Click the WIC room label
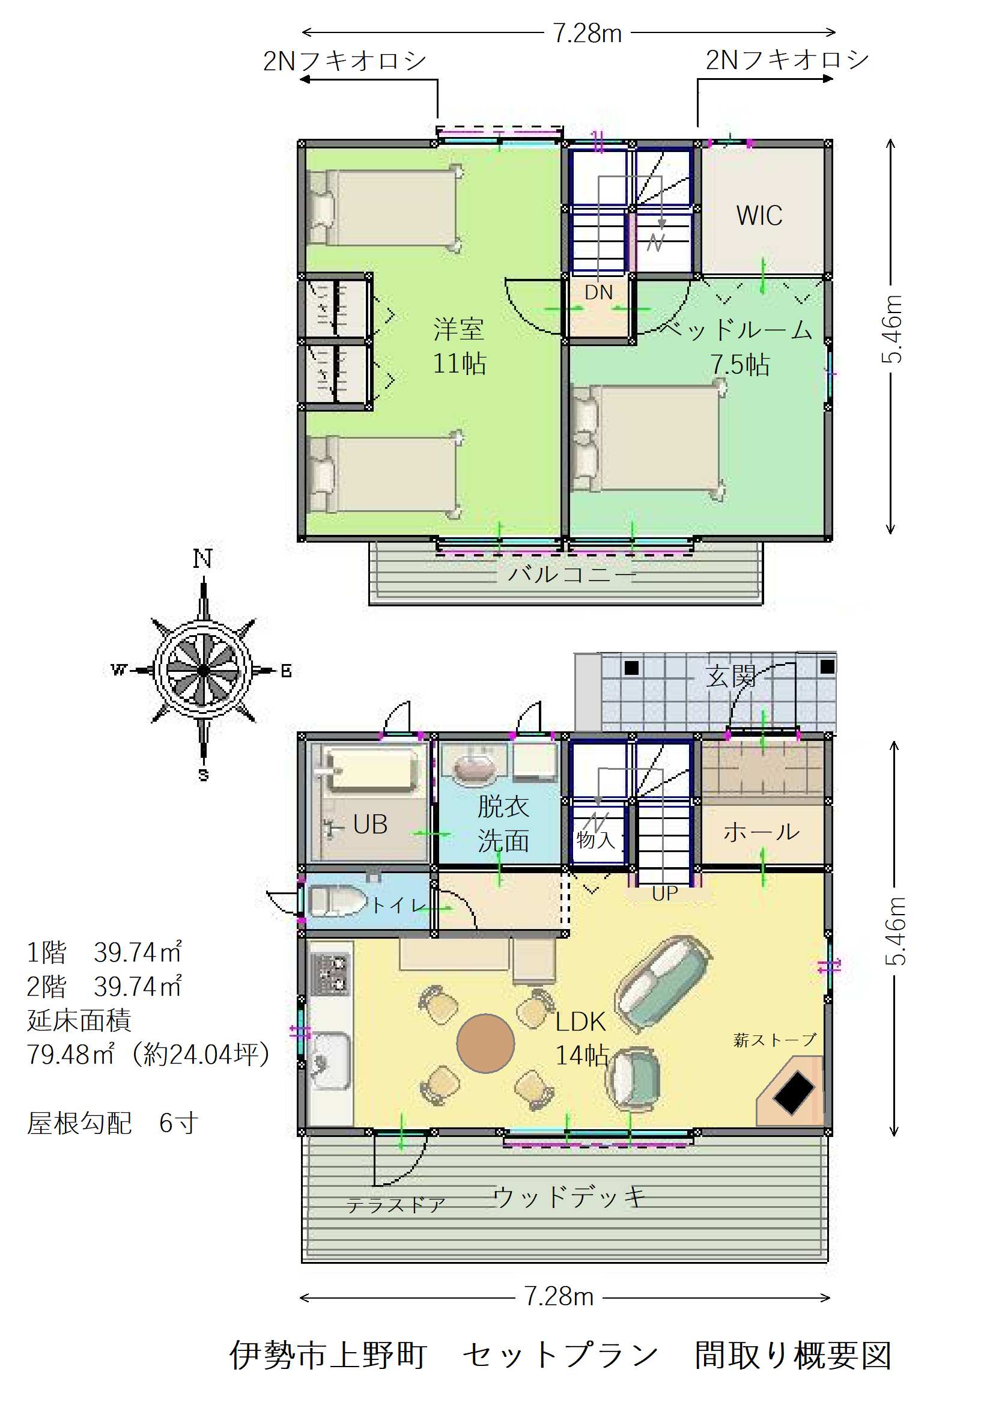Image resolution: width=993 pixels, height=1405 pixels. tap(759, 215)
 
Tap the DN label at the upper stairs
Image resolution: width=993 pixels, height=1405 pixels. tap(598, 293)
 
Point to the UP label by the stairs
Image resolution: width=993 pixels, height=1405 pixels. tap(664, 894)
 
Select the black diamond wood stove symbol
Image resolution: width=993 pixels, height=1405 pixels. tap(794, 1091)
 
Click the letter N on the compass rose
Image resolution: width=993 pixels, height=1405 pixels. tap(203, 559)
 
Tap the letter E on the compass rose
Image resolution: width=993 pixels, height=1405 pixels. tap(286, 671)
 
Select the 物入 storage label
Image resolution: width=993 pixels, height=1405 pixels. tap(595, 839)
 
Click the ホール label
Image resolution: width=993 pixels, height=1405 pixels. tap(761, 832)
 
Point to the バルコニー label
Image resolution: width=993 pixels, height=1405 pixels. tap(572, 574)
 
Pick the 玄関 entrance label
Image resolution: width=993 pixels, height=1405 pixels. tap(730, 676)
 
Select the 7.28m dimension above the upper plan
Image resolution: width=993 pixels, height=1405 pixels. tap(588, 33)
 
